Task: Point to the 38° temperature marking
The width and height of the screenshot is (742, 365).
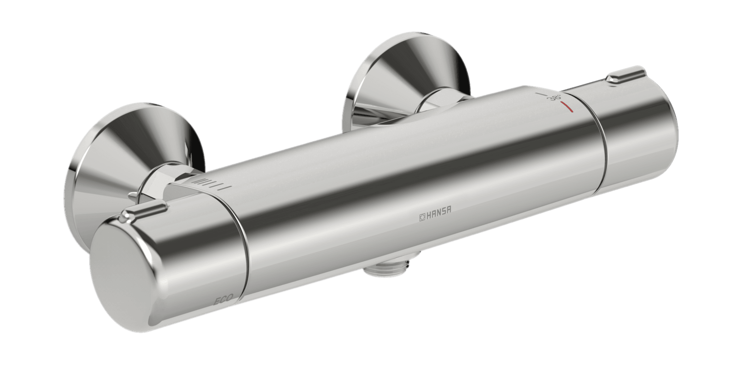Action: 557,97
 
